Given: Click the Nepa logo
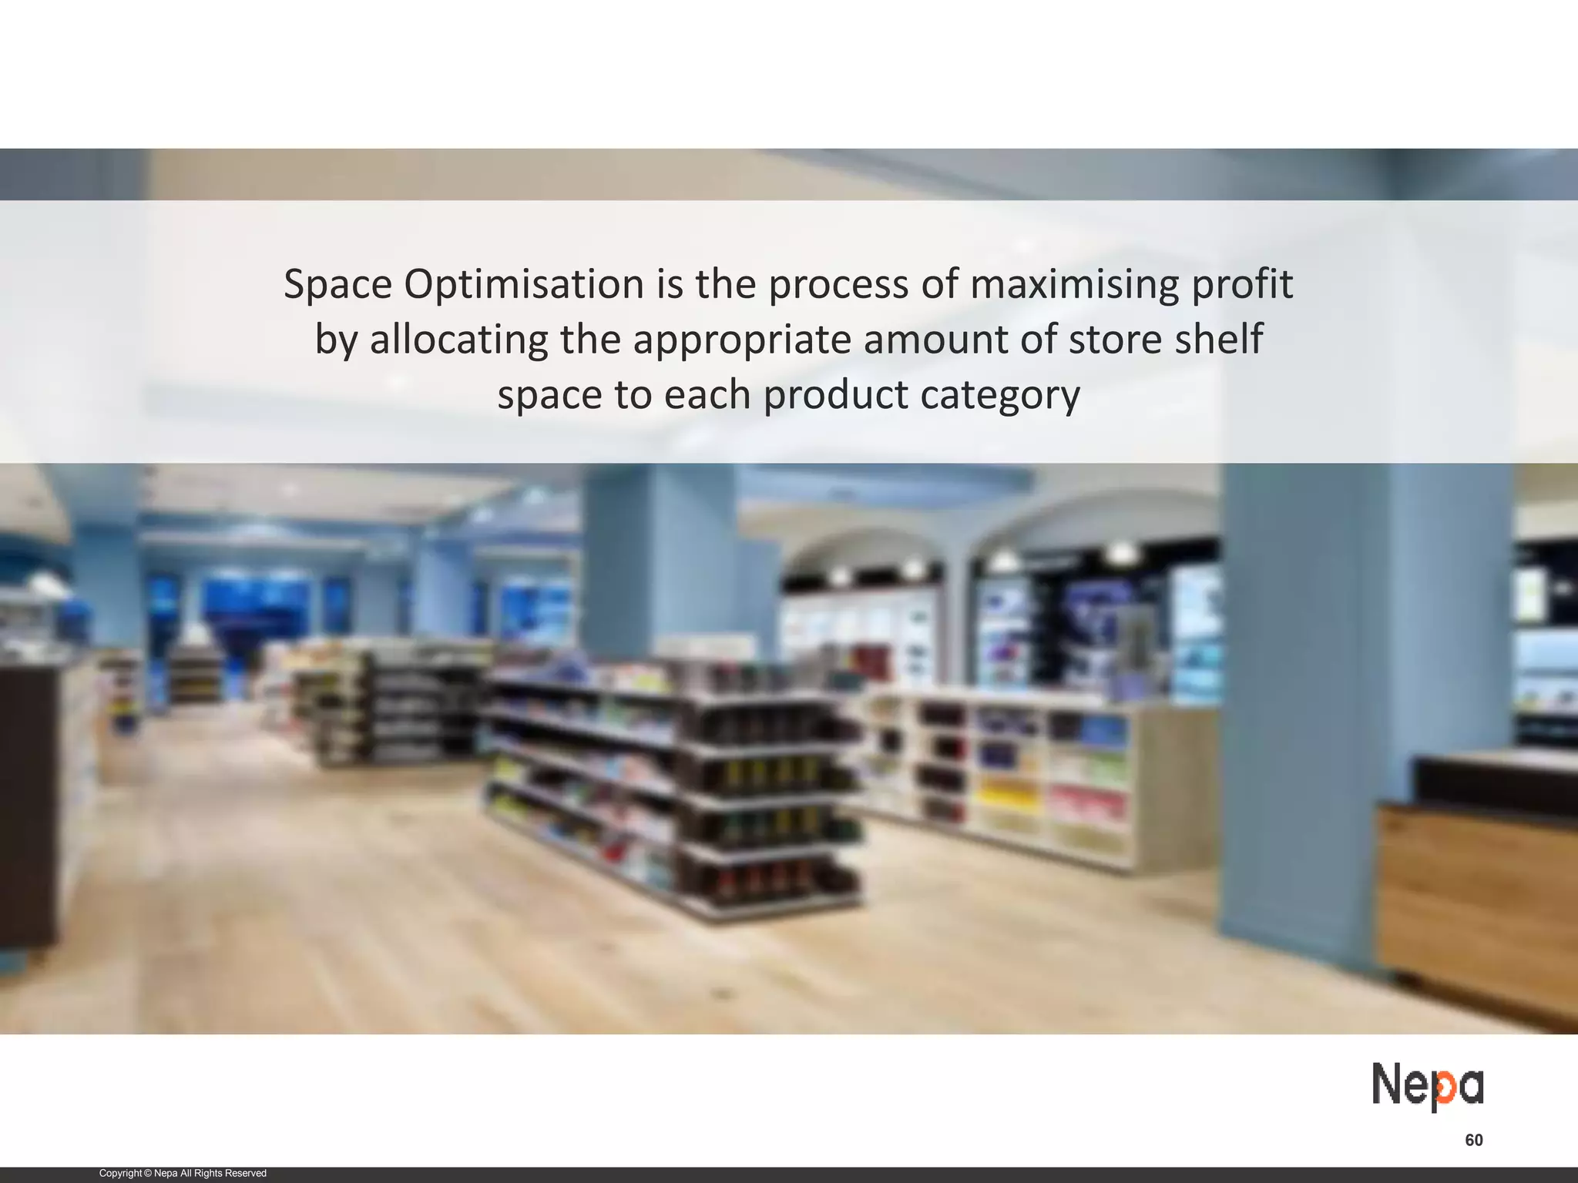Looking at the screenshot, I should (x=1427, y=1087).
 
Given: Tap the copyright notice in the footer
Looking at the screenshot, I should (x=183, y=1173).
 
